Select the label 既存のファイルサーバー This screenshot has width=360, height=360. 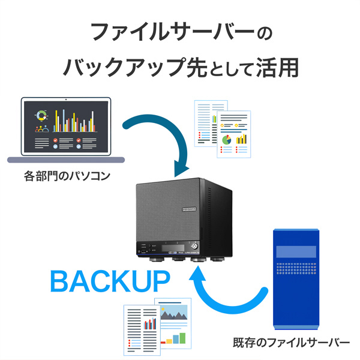[291, 343]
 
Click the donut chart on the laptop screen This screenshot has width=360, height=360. [41, 115]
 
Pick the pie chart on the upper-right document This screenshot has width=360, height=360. [226, 139]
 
